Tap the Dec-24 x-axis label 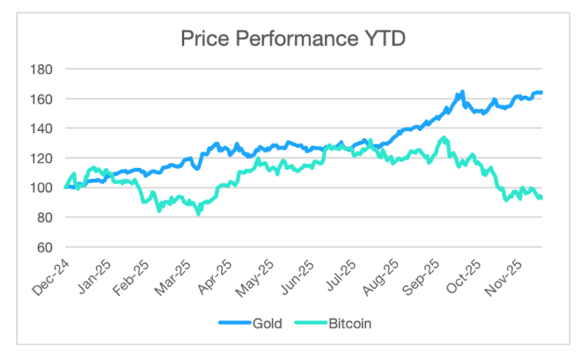(x=50, y=276)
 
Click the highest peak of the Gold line (x=462, y=91)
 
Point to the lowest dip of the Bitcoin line (x=199, y=214)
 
